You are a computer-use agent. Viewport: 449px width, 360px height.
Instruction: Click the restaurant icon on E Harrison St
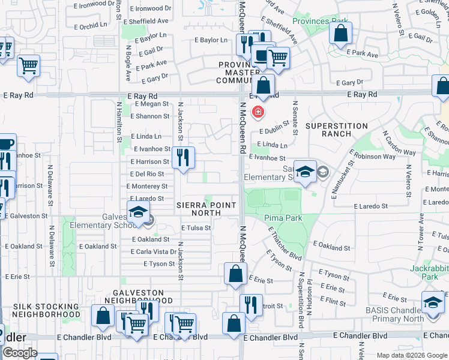click(x=184, y=157)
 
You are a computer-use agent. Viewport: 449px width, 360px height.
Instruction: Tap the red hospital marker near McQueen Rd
click(x=258, y=112)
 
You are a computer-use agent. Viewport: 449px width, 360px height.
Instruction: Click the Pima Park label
click(x=283, y=218)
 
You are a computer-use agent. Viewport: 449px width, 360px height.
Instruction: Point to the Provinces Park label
click(x=320, y=21)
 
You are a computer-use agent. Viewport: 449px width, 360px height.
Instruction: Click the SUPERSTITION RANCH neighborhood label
click(x=336, y=130)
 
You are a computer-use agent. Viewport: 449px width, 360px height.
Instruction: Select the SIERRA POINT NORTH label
click(x=206, y=209)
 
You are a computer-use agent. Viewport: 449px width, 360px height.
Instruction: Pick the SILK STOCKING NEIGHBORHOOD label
click(x=46, y=310)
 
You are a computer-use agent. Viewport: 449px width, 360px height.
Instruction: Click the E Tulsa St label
click(x=196, y=228)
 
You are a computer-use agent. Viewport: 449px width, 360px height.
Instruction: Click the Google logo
click(x=20, y=353)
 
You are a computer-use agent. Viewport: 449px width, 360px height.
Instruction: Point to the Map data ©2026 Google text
click(x=411, y=355)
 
